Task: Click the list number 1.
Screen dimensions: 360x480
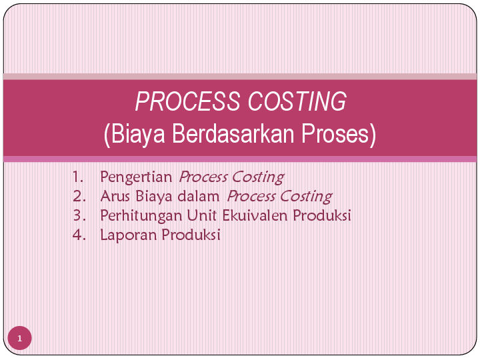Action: pos(79,177)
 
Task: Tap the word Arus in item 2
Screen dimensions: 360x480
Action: pos(113,197)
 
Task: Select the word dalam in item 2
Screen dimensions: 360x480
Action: pos(204,197)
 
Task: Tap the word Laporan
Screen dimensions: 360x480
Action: pos(125,235)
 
